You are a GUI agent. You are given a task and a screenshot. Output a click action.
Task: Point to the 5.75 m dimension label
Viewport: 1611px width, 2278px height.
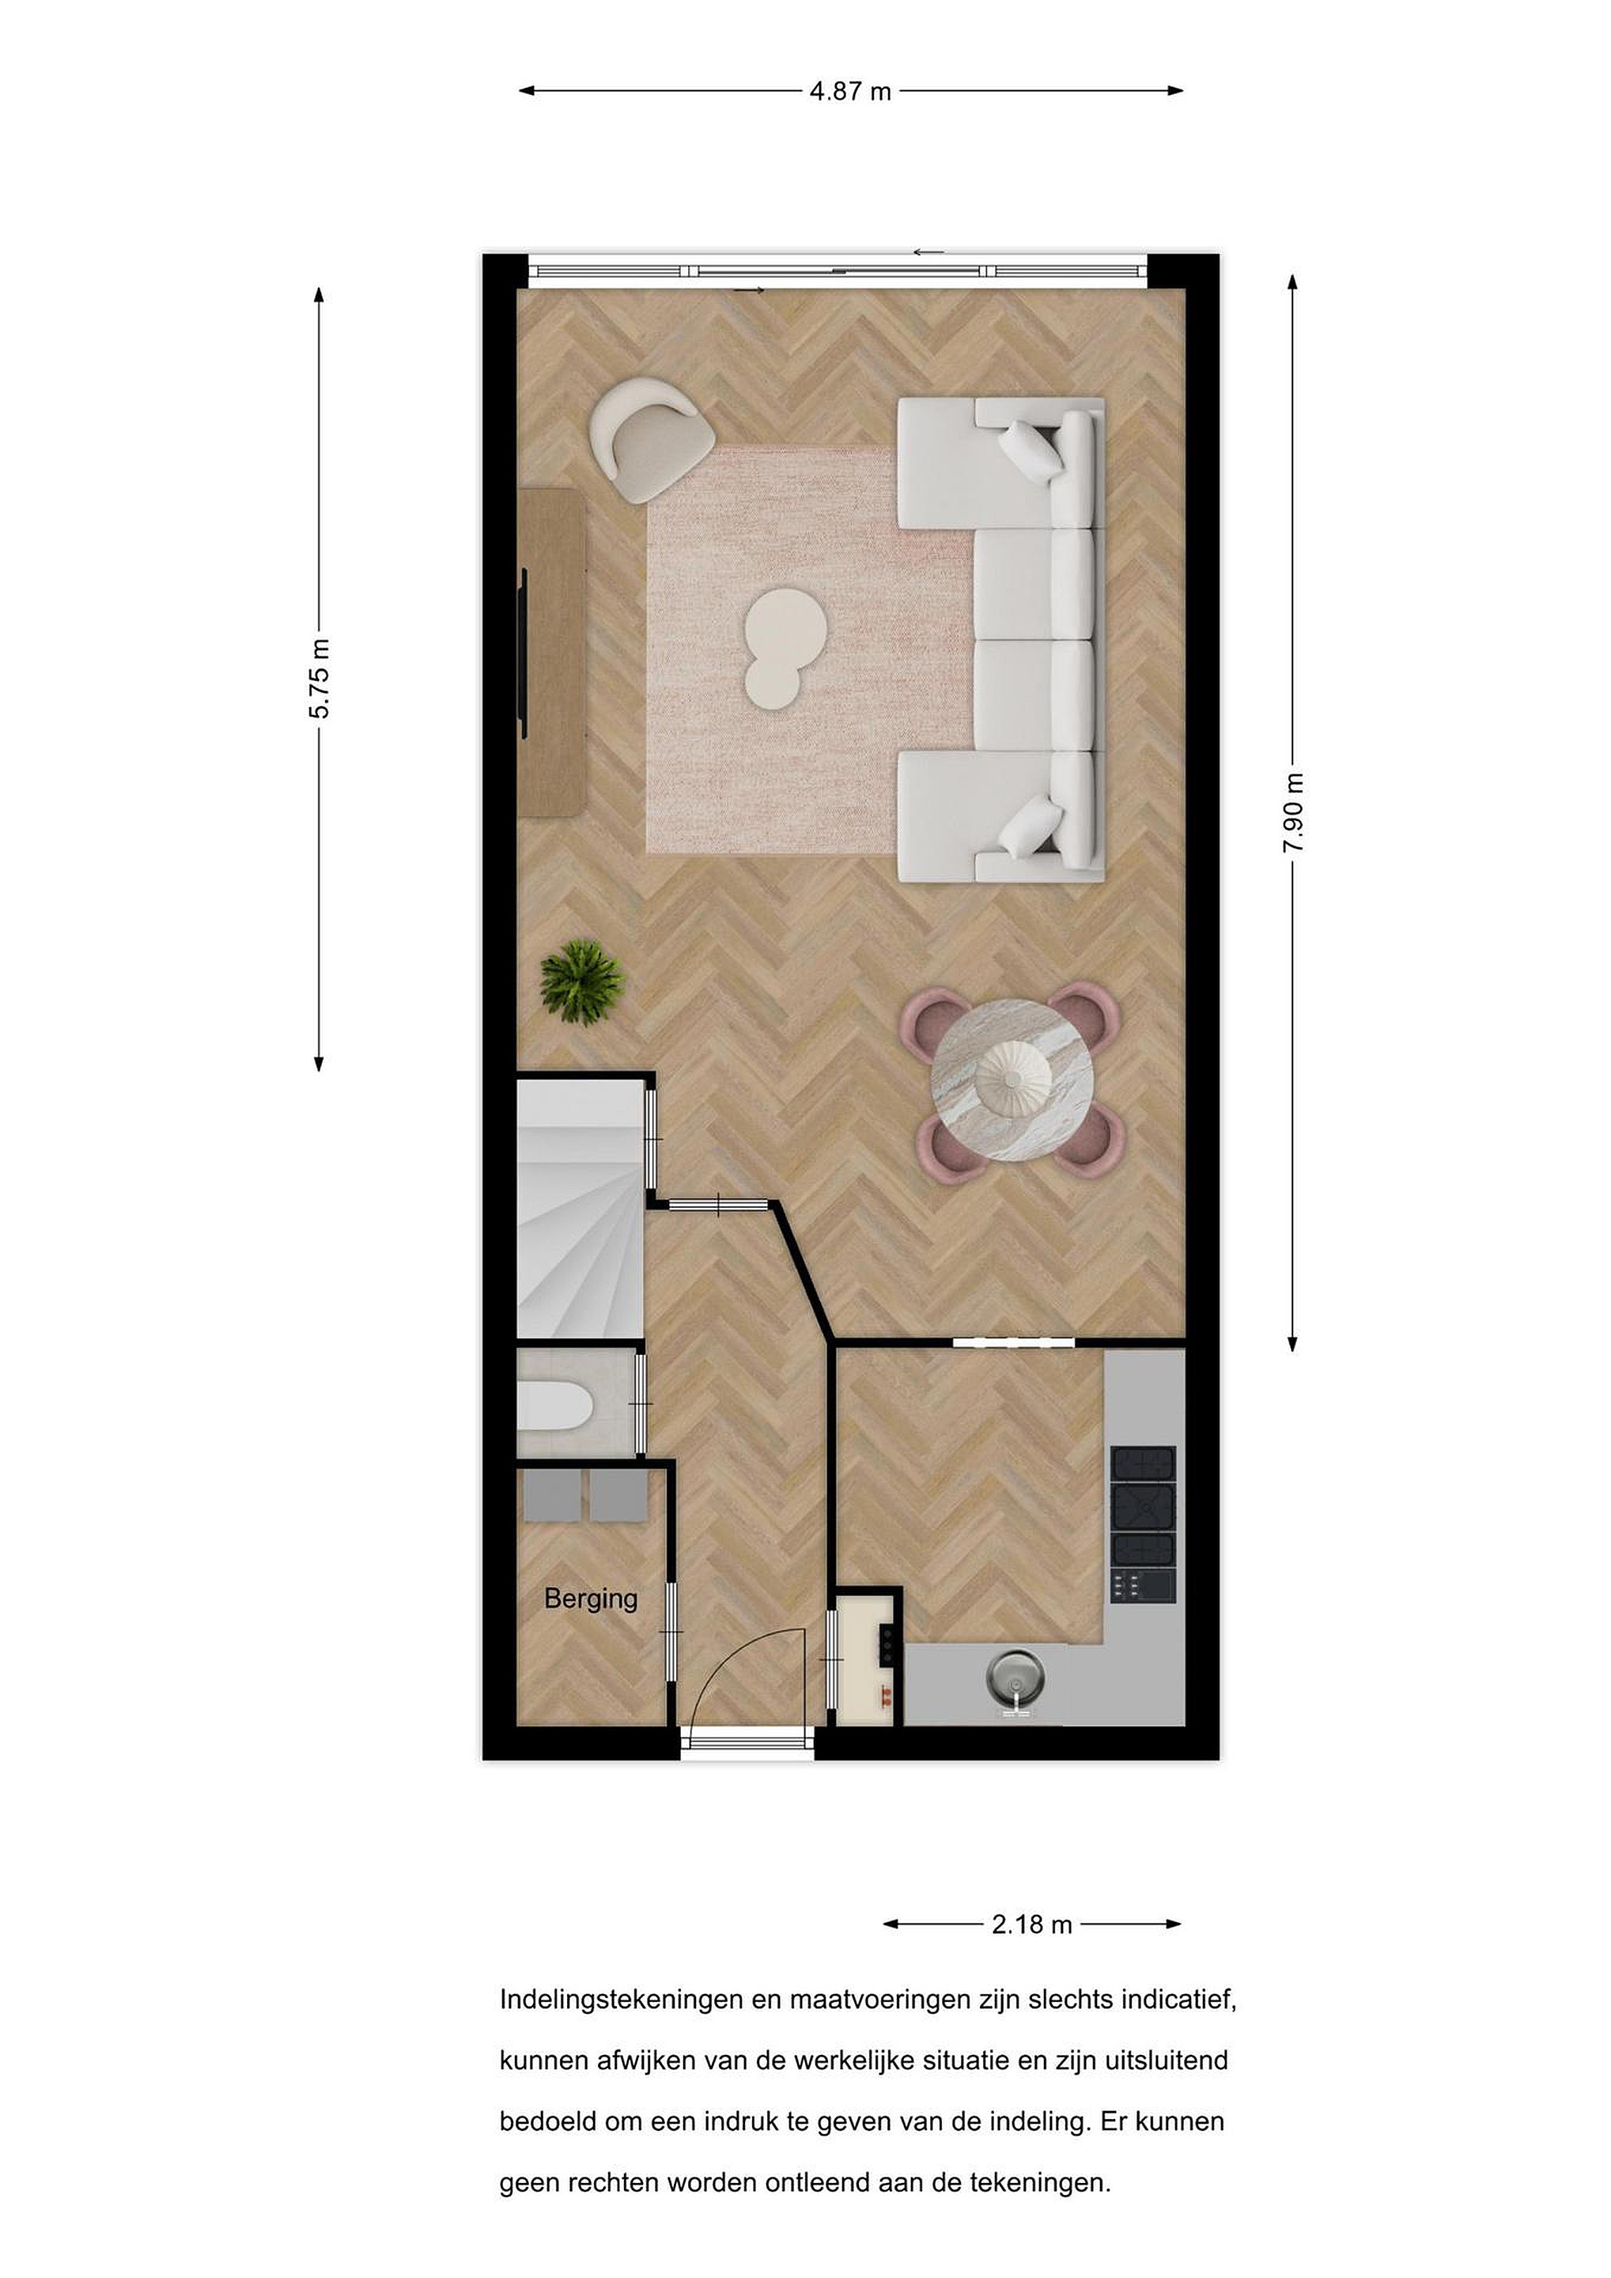[319, 679]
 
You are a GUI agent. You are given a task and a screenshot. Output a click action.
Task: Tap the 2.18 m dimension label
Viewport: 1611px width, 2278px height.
[1031, 1924]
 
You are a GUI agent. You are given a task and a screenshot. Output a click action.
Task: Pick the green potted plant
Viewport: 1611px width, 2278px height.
[582, 982]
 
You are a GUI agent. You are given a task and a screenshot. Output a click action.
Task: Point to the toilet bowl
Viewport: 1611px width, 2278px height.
[554, 1406]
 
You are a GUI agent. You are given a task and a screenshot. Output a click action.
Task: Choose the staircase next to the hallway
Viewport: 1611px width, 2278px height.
[580, 1209]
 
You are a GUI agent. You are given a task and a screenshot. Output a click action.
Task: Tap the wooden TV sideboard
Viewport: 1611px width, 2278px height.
[550, 652]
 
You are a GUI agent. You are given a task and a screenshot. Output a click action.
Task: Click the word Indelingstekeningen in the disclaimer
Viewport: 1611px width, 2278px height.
[621, 2000]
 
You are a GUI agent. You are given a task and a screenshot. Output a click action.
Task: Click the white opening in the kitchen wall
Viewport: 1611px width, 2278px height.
[1014, 1343]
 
